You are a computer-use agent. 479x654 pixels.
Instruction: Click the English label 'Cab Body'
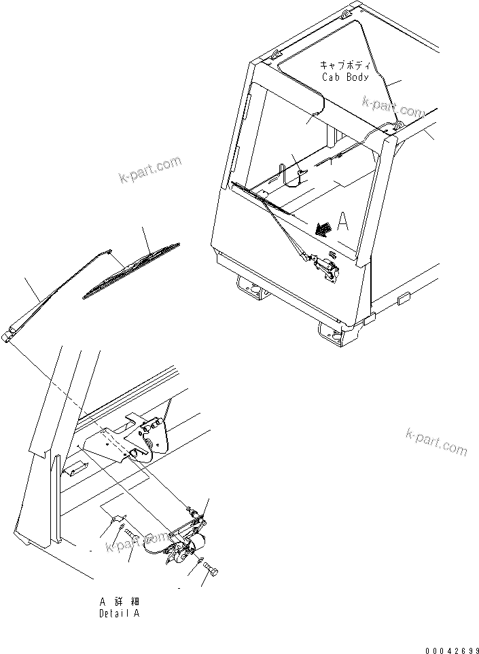coord(345,77)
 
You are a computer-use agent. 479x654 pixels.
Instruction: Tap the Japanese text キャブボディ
coord(345,66)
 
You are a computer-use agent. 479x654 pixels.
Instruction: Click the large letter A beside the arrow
coord(343,222)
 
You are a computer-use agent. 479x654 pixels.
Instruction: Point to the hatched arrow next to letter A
coord(323,229)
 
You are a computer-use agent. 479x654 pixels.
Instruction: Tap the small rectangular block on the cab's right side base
coord(400,297)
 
